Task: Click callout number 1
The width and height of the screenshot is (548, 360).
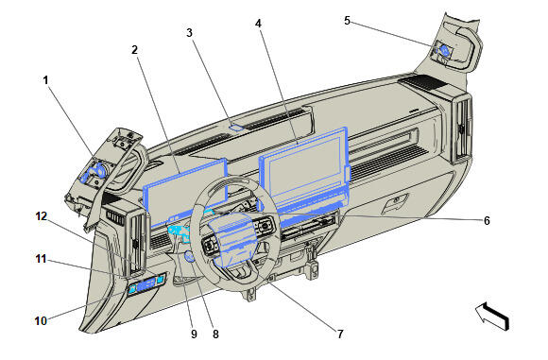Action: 44,80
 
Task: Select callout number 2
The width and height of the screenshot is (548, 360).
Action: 135,49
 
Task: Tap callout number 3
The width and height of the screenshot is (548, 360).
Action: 190,33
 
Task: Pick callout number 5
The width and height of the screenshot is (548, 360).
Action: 346,20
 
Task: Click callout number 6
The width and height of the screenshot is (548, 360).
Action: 487,220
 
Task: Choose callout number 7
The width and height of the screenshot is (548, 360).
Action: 341,334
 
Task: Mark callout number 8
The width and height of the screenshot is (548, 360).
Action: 215,334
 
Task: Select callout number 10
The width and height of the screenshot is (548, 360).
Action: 41,321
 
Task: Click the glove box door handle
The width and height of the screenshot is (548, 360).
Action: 401,200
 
